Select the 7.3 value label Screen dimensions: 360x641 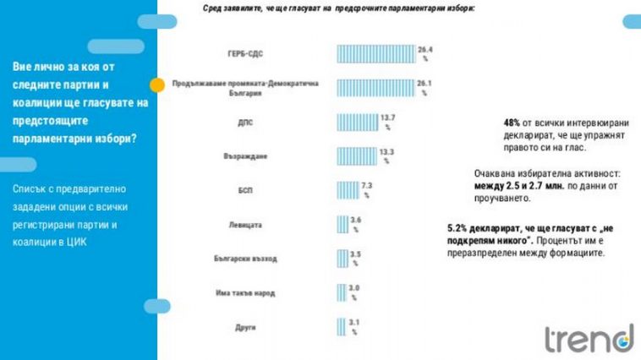coord(368,186)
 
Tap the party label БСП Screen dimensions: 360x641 coord(245,190)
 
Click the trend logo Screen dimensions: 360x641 coord(588,337)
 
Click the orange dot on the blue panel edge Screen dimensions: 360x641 coord(157,85)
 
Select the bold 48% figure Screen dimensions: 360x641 coord(512,122)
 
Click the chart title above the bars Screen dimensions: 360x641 coord(338,8)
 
